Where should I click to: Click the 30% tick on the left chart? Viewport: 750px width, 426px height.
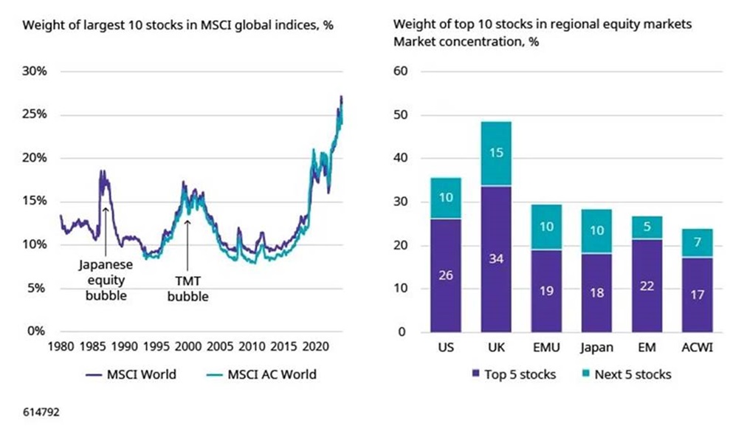pyautogui.click(x=35, y=72)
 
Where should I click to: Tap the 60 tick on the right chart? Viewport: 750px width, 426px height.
pyautogui.click(x=402, y=72)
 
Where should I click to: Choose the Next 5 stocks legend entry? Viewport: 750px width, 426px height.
pyautogui.click(x=626, y=374)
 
